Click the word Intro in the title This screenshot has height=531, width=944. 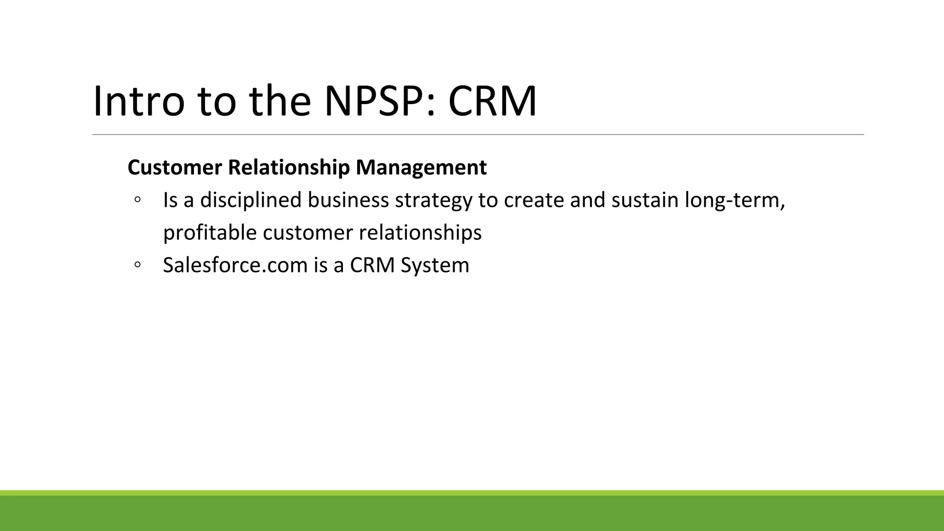pos(139,101)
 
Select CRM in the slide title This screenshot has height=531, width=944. pos(492,101)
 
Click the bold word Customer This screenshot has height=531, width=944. pos(175,167)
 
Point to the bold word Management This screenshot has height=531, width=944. pos(421,167)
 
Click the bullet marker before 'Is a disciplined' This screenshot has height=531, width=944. pos(137,200)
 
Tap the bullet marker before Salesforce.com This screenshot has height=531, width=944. pos(137,265)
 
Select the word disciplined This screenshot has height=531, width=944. pos(250,200)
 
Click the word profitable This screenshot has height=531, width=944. pos(210,233)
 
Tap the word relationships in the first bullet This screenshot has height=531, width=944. pos(420,233)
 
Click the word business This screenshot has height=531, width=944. pos(348,200)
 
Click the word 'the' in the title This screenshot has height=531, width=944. pos(280,101)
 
